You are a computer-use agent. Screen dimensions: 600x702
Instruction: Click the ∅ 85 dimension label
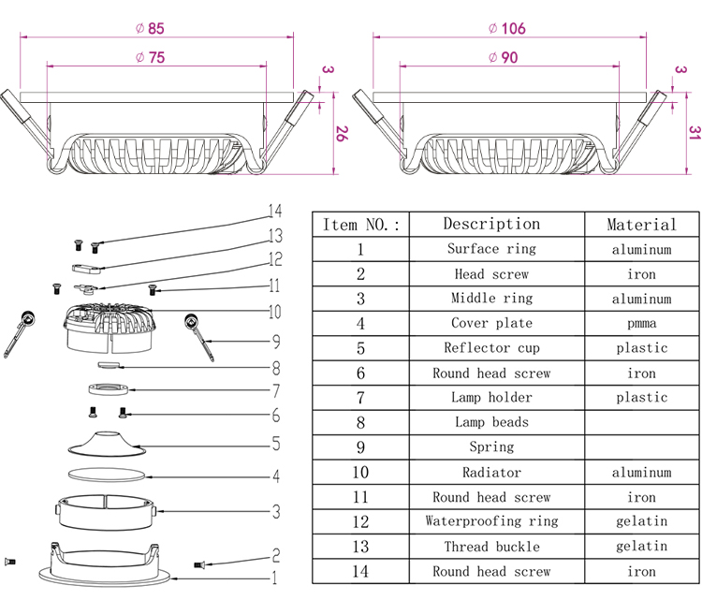155,27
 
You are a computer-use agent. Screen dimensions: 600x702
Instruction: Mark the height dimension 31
694,133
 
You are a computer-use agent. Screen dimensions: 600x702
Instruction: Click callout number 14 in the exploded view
274,212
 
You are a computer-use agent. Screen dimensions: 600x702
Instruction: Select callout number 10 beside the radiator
274,312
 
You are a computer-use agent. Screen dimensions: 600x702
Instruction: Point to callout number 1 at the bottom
274,578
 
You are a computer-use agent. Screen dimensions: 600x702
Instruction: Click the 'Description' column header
491,224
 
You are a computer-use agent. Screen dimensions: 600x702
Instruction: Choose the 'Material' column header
641,225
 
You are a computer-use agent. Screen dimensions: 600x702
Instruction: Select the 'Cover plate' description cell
491,323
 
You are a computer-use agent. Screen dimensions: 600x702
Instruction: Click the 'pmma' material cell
641,323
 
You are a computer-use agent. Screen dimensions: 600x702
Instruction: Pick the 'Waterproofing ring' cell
491,521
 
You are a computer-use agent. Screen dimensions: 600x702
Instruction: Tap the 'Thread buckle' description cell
491,547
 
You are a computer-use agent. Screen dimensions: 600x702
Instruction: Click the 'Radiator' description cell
491,473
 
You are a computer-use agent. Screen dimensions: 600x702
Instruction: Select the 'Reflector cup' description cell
491,348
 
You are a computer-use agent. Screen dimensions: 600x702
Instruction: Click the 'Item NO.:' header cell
360,225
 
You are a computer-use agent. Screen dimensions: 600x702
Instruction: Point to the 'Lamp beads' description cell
491,422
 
